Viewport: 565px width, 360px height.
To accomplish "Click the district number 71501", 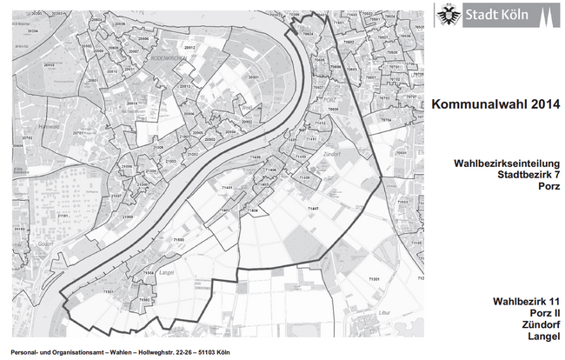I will coord(108,292).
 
